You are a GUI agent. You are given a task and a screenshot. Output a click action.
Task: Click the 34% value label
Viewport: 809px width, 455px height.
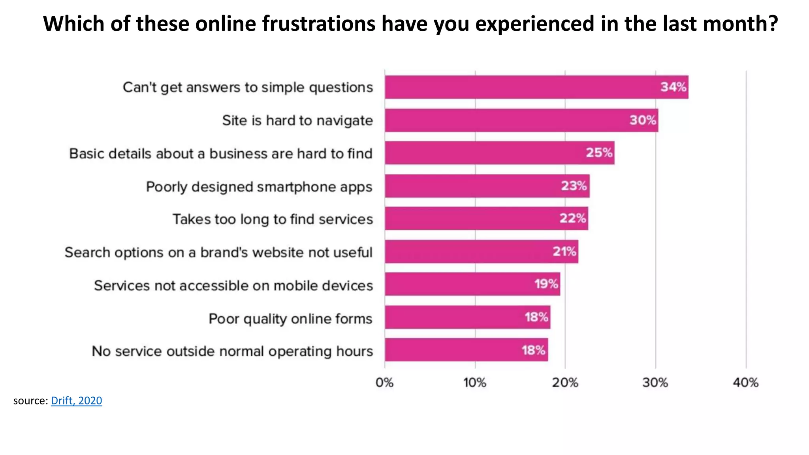(674, 87)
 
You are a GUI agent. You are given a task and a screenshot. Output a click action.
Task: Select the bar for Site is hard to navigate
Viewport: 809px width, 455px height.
(506, 120)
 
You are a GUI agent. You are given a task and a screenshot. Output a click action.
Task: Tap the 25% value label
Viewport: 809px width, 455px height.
(599, 153)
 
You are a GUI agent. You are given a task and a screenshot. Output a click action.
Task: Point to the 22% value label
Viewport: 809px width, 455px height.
(572, 218)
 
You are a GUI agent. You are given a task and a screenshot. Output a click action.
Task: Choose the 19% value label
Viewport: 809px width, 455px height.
(546, 284)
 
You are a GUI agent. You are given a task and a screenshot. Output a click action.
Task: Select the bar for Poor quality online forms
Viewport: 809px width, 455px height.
(454, 317)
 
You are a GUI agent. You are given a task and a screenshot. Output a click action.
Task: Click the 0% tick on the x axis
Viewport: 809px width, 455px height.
(384, 383)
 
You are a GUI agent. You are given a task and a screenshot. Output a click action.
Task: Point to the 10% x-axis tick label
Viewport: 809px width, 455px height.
(474, 383)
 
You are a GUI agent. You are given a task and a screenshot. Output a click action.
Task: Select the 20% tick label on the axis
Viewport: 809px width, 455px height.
(565, 383)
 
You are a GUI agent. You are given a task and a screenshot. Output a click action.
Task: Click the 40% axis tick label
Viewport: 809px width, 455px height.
(745, 383)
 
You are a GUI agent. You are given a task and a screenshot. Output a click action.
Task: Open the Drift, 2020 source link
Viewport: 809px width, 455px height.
(76, 401)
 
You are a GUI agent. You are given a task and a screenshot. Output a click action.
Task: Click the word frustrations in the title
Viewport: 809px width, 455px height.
(318, 24)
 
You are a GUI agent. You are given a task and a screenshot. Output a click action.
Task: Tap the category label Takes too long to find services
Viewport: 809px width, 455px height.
(273, 219)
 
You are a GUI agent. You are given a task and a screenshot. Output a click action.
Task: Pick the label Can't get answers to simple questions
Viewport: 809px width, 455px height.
(248, 87)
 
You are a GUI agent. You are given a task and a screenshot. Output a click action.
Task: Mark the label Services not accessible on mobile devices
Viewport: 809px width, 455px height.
(233, 286)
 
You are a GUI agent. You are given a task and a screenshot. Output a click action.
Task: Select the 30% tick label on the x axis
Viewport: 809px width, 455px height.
(655, 383)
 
